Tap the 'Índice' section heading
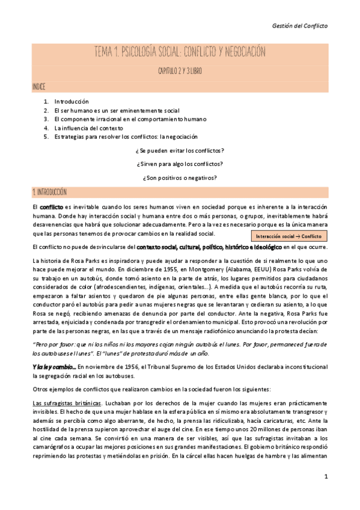click(38, 87)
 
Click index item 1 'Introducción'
click(71, 102)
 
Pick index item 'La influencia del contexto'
click(88, 128)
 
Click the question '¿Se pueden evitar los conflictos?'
click(180, 150)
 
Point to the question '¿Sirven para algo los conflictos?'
click(180, 164)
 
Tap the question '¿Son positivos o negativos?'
click(180, 178)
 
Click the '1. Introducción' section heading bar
click(180, 192)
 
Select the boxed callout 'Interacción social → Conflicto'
click(288, 236)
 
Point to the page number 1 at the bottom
click(325, 494)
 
